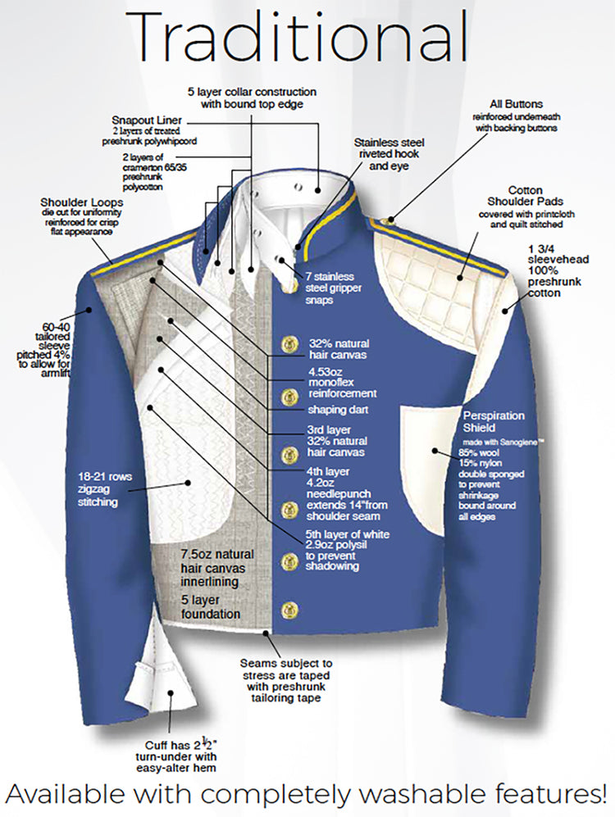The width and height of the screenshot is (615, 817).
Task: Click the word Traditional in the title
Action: click(x=295, y=38)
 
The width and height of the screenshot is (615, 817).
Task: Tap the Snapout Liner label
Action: click(x=147, y=120)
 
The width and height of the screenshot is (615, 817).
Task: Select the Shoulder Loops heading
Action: click(x=82, y=202)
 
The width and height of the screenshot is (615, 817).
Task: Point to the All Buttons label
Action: click(x=516, y=104)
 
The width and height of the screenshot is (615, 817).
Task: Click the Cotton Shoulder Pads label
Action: click(x=526, y=196)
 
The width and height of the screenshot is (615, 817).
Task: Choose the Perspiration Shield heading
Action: click(x=494, y=421)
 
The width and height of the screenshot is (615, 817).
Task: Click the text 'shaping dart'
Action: click(x=338, y=410)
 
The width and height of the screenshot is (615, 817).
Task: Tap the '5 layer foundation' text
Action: click(x=211, y=607)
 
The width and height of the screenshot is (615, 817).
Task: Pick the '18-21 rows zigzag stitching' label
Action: click(x=105, y=489)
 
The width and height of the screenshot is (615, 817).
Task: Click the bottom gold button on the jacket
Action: click(x=289, y=610)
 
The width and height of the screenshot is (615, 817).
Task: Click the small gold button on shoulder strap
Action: click(x=387, y=222)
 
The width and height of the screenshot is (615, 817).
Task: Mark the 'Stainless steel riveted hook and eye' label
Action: click(x=389, y=154)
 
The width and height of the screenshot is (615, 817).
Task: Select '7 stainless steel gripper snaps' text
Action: click(x=334, y=288)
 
